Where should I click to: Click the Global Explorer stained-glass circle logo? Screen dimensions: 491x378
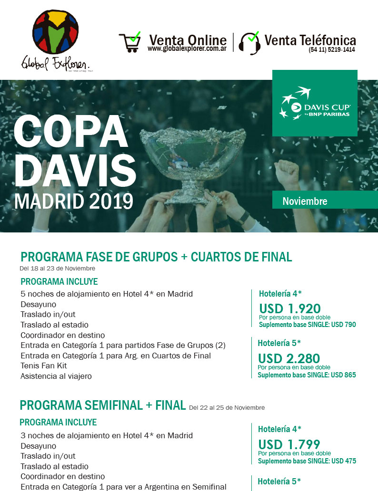click(x=55, y=33)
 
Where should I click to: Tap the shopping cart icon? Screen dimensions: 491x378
click(x=130, y=42)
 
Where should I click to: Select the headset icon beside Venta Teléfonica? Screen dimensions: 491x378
click(x=249, y=42)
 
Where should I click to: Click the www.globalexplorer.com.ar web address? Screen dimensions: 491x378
click(x=187, y=49)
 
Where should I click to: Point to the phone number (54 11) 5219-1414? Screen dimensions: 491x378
click(x=331, y=49)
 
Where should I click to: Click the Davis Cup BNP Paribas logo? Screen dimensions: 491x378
click(x=315, y=103)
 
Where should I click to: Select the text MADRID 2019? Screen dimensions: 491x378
click(x=74, y=201)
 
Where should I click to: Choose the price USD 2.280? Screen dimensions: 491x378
click(x=289, y=358)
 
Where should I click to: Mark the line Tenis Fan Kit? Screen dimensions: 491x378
click(x=44, y=366)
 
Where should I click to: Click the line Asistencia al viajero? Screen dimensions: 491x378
click(x=56, y=376)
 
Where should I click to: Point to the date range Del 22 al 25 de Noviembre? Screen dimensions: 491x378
click(x=227, y=407)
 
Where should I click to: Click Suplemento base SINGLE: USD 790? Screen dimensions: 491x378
click(x=307, y=325)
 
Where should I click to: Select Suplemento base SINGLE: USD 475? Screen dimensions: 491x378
click(x=307, y=461)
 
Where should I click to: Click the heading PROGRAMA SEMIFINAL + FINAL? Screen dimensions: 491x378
click(x=102, y=405)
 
